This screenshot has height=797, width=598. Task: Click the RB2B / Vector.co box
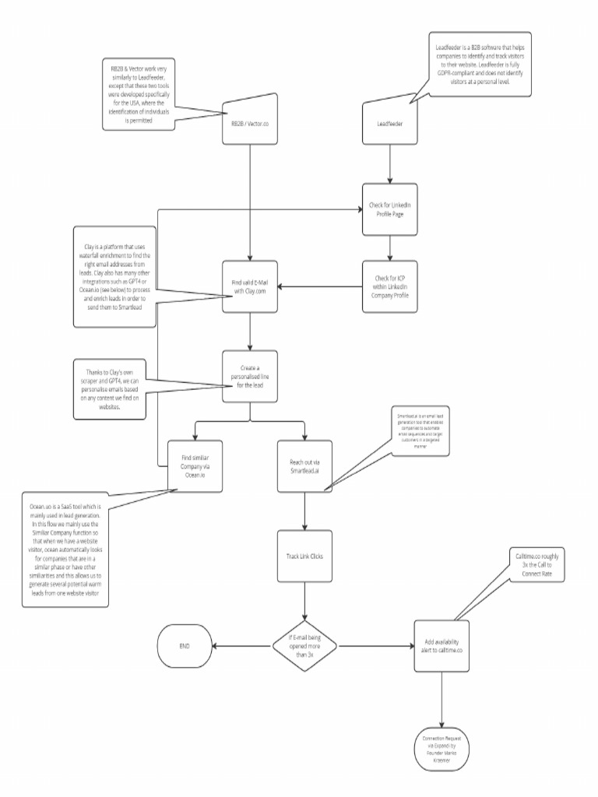(249, 122)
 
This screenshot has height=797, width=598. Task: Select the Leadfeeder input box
(390, 122)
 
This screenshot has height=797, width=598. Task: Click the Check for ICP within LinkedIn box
(390, 287)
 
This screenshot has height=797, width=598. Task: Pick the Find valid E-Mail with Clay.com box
(249, 287)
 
